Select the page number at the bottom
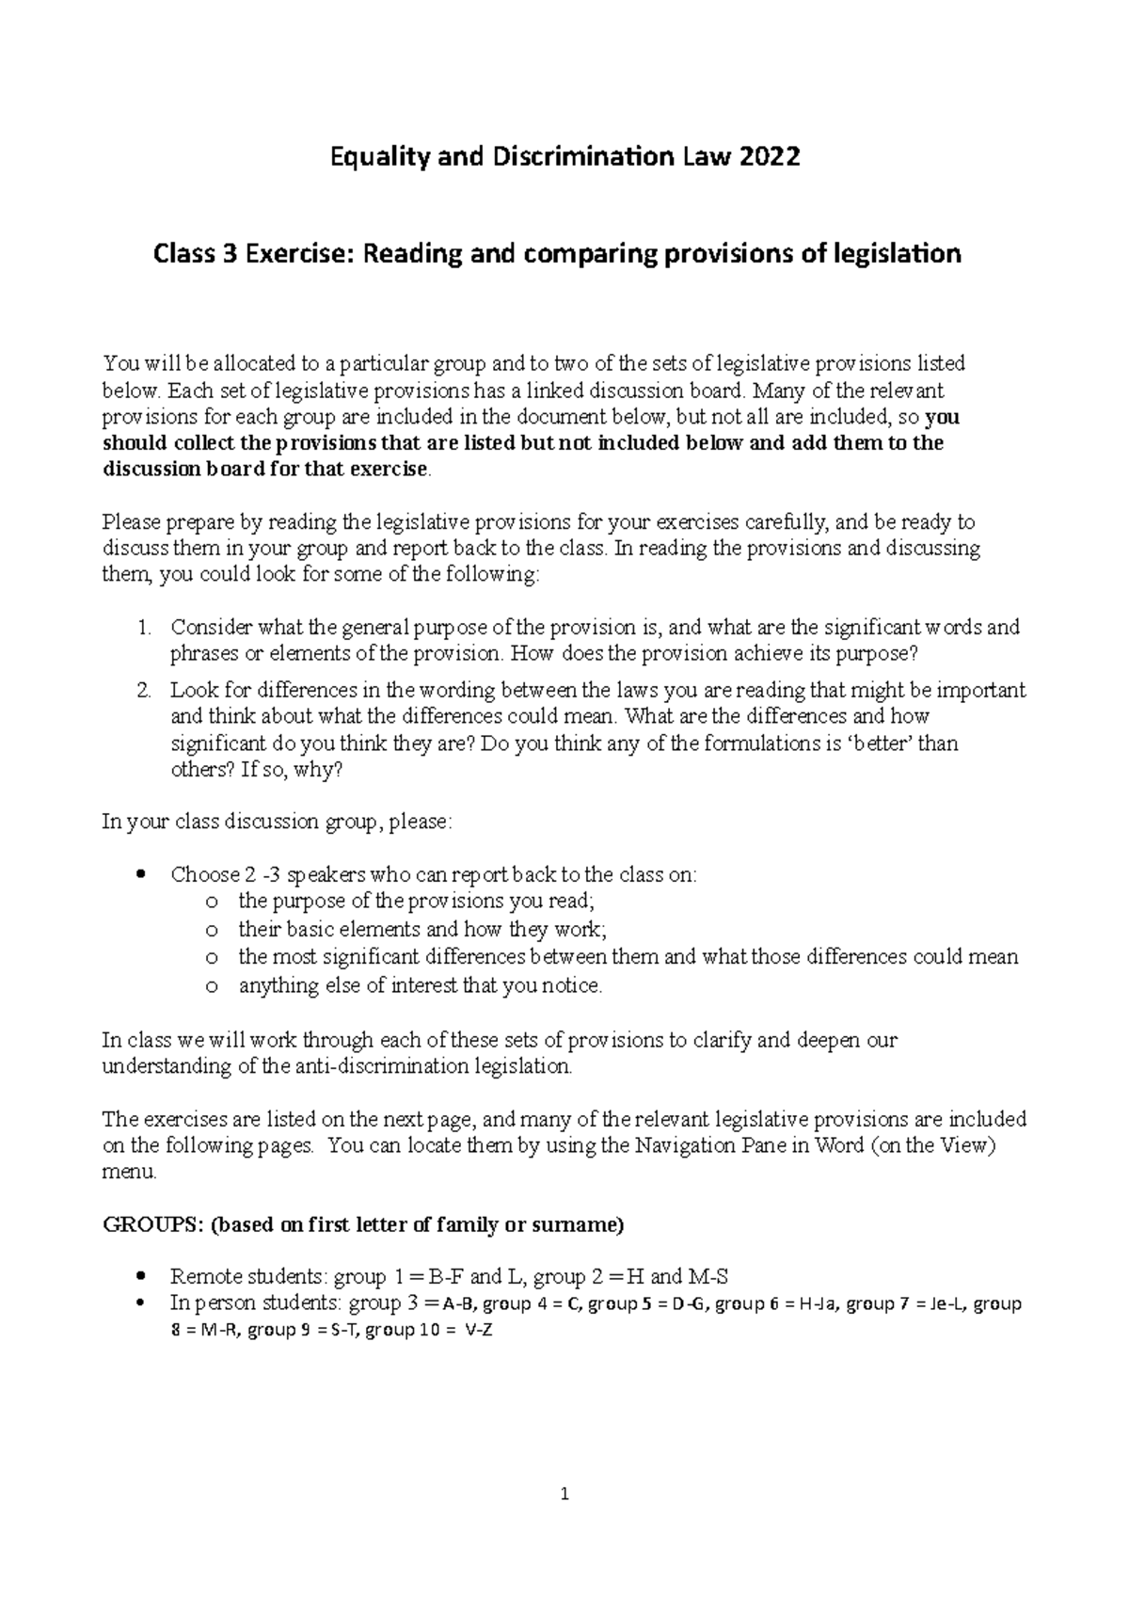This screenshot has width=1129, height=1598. (x=564, y=1494)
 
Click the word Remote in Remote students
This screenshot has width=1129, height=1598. (x=202, y=1277)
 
